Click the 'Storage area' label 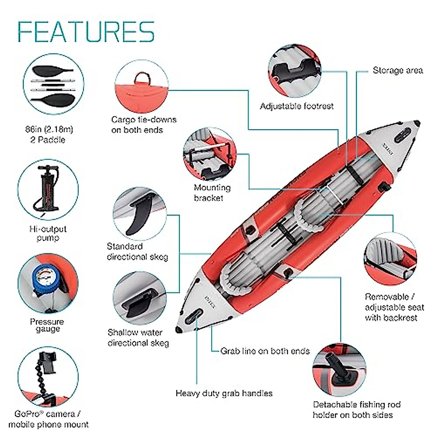(398, 70)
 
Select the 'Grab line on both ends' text (265, 351)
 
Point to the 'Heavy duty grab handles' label (224, 393)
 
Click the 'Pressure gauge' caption (47, 325)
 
